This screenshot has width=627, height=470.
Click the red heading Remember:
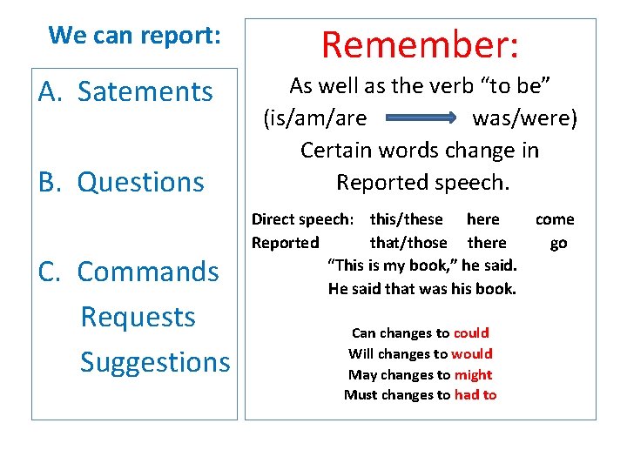pyautogui.click(x=421, y=44)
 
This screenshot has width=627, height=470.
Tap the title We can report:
pyautogui.click(x=135, y=36)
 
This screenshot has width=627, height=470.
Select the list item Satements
pyautogui.click(x=145, y=91)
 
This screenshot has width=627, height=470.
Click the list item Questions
pyautogui.click(x=141, y=182)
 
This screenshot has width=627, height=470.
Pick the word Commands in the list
pyautogui.click(x=148, y=272)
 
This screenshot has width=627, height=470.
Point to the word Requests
pyautogui.click(x=138, y=317)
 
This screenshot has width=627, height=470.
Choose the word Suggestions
pyautogui.click(x=155, y=362)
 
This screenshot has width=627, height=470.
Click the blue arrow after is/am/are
pyautogui.click(x=420, y=117)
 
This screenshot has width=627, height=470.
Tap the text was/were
pyautogui.click(x=524, y=117)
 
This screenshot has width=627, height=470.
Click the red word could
pyautogui.click(x=471, y=332)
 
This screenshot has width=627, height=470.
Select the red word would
pyautogui.click(x=473, y=353)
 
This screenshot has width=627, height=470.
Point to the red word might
pyautogui.click(x=473, y=374)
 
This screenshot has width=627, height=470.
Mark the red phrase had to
pyautogui.click(x=475, y=395)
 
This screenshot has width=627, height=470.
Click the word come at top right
pyautogui.click(x=555, y=219)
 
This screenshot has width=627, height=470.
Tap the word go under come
pyautogui.click(x=558, y=243)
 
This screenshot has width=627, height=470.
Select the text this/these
pyautogui.click(x=406, y=219)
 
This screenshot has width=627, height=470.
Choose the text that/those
pyautogui.click(x=408, y=243)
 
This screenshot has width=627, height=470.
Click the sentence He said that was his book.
pyautogui.click(x=422, y=289)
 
